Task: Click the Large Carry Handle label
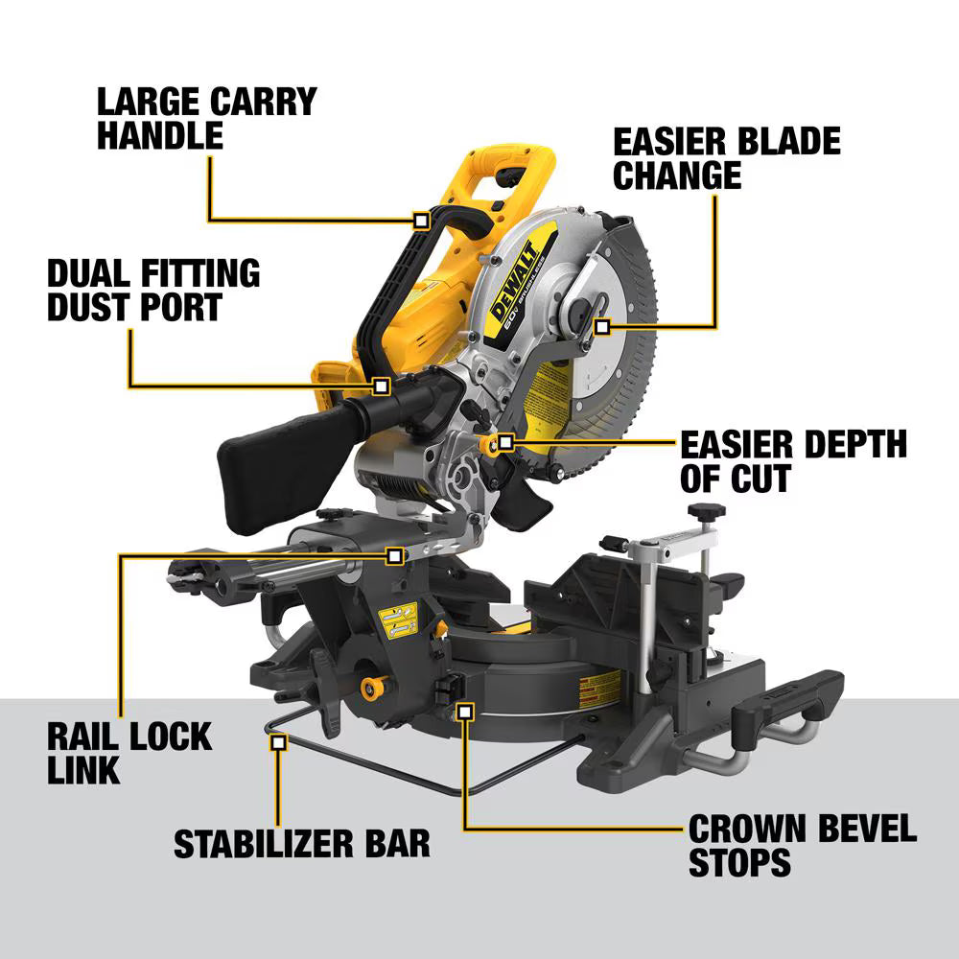tap(206, 117)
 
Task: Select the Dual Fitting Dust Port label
tap(153, 289)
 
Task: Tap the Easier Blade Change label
tap(726, 158)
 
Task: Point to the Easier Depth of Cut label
tap(793, 460)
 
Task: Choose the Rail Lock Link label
tap(129, 753)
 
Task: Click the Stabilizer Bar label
tap(302, 843)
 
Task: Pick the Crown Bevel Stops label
tap(802, 844)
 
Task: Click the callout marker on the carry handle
tap(421, 220)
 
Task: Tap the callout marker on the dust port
tap(381, 386)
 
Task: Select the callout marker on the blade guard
tap(601, 327)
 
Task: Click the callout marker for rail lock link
tap(394, 555)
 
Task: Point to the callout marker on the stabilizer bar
tap(279, 740)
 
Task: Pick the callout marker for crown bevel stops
tap(465, 711)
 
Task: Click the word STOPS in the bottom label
tap(739, 861)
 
